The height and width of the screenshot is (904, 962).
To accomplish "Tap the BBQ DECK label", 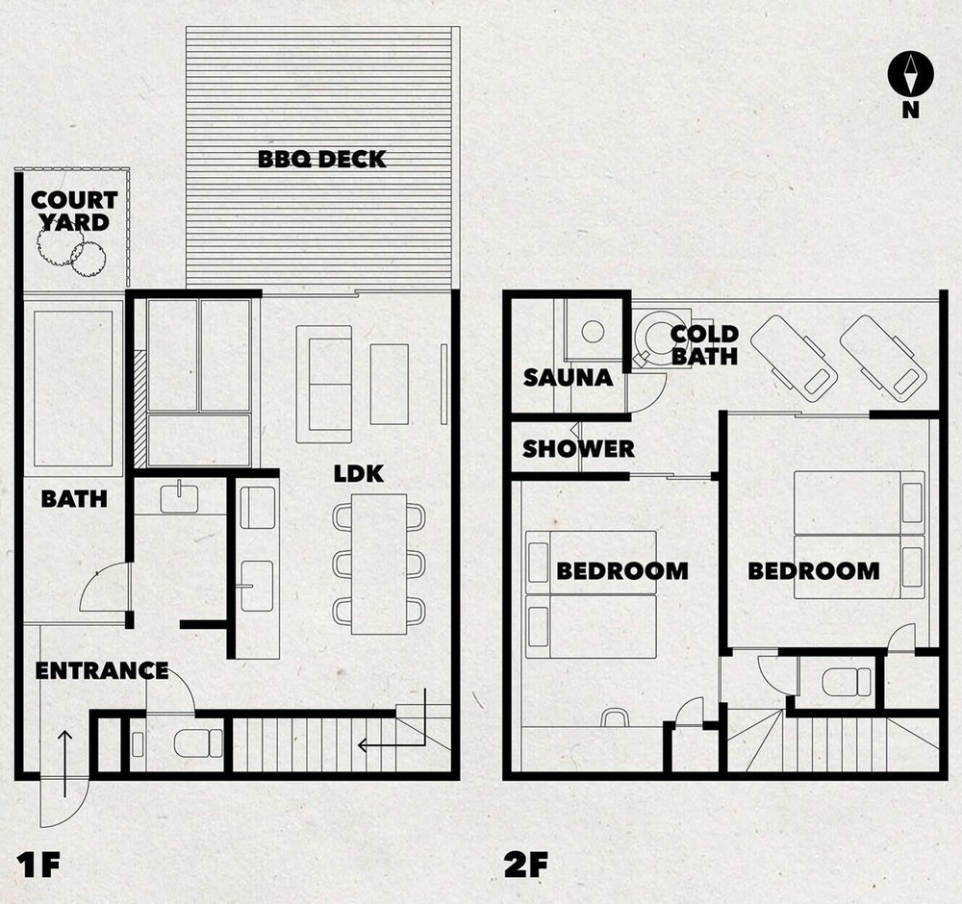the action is tap(321, 160).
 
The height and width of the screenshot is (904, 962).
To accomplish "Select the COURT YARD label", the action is tap(74, 211).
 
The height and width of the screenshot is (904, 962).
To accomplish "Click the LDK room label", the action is tap(359, 473).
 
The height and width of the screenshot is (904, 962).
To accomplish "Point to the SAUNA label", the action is tap(569, 378).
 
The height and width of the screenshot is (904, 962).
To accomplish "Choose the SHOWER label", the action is tap(578, 449).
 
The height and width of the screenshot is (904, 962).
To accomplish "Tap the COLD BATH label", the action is tap(704, 345).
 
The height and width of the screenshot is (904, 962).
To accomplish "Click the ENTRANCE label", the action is tap(102, 670).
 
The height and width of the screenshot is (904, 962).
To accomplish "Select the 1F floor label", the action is tap(39, 865).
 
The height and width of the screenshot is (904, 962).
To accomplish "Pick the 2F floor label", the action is tap(526, 865).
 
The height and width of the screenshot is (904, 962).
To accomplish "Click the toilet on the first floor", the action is tap(198, 743).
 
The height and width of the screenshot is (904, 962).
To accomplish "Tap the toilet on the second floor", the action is tap(846, 682).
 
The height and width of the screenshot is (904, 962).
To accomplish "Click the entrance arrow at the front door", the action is tap(65, 763).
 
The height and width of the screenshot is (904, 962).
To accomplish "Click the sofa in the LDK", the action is tap(324, 384).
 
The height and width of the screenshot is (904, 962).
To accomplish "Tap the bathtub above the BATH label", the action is tap(73, 389).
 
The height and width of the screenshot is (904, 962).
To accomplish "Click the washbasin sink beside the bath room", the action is tap(179, 496).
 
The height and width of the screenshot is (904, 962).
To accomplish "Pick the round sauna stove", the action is tap(592, 332).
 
